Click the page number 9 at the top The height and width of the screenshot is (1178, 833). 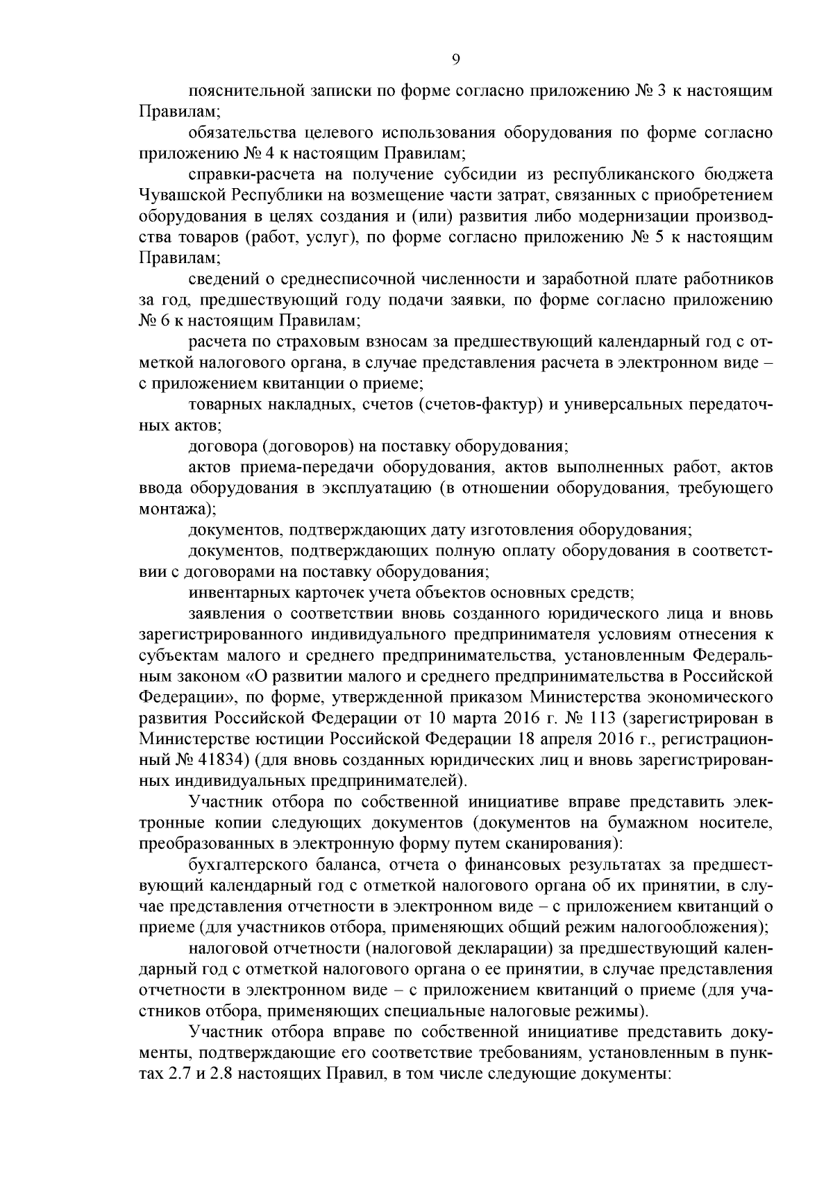[455, 60]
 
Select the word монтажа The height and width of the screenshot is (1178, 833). [174, 509]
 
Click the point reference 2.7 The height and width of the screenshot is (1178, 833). [174, 1073]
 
